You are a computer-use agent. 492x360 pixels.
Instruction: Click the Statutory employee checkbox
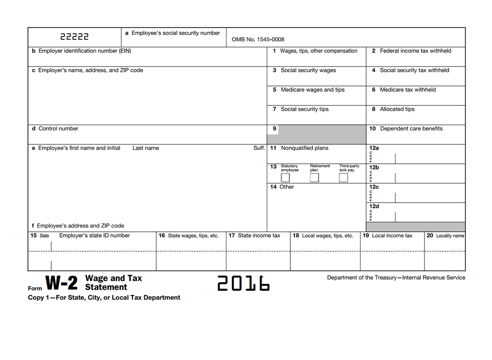[285, 178]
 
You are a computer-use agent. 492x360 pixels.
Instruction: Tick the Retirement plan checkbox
[314, 178]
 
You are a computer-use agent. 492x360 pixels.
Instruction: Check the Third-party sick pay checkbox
[343, 178]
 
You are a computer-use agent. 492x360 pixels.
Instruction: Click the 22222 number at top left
[74, 37]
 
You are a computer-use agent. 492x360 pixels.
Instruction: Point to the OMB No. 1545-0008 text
[258, 40]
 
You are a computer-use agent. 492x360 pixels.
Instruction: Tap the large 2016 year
[244, 284]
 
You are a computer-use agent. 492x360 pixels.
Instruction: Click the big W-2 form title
[61, 283]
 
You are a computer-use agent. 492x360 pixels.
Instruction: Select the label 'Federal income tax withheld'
[415, 51]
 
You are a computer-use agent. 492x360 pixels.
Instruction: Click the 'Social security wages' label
[308, 70]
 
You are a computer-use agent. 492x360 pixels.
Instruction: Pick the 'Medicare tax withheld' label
[407, 90]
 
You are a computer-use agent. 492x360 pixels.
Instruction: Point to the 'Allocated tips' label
[397, 109]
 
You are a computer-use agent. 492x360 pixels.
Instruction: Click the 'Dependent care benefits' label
[411, 129]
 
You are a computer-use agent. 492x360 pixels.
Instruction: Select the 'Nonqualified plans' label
[304, 148]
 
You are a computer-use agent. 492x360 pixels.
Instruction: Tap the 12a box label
[374, 148]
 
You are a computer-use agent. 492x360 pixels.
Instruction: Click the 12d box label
[374, 206]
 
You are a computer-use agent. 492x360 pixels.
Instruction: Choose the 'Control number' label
[58, 129]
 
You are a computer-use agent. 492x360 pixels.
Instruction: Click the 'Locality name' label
[449, 236]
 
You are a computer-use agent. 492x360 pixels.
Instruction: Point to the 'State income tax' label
[258, 236]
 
